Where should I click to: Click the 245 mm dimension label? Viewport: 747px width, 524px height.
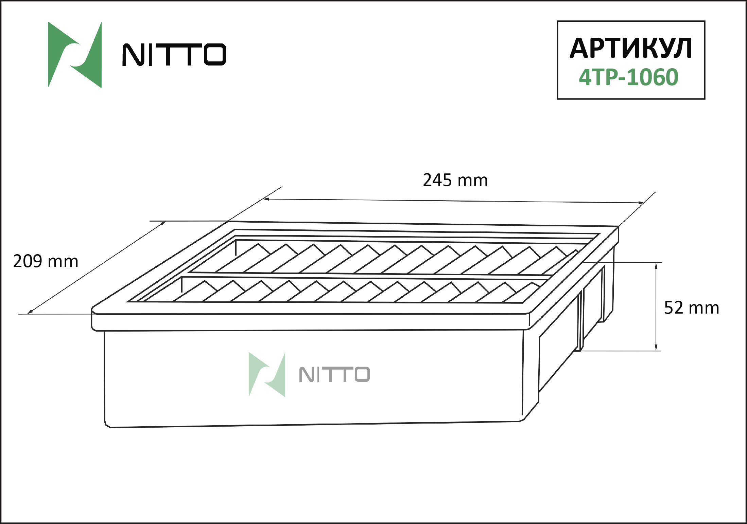point(455,180)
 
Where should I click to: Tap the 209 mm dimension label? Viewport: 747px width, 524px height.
point(46,261)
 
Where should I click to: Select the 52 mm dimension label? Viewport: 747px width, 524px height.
point(692,308)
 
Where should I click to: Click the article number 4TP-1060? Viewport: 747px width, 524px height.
point(629,77)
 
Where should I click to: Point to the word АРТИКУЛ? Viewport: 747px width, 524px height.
point(631,48)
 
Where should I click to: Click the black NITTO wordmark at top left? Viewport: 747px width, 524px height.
point(174,54)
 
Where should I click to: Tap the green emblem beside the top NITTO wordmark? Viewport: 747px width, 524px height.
point(75,55)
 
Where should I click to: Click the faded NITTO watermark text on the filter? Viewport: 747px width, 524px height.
point(334,374)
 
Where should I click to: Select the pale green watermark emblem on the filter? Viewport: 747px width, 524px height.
point(267,374)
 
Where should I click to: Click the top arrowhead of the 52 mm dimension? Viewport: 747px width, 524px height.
point(656,265)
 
